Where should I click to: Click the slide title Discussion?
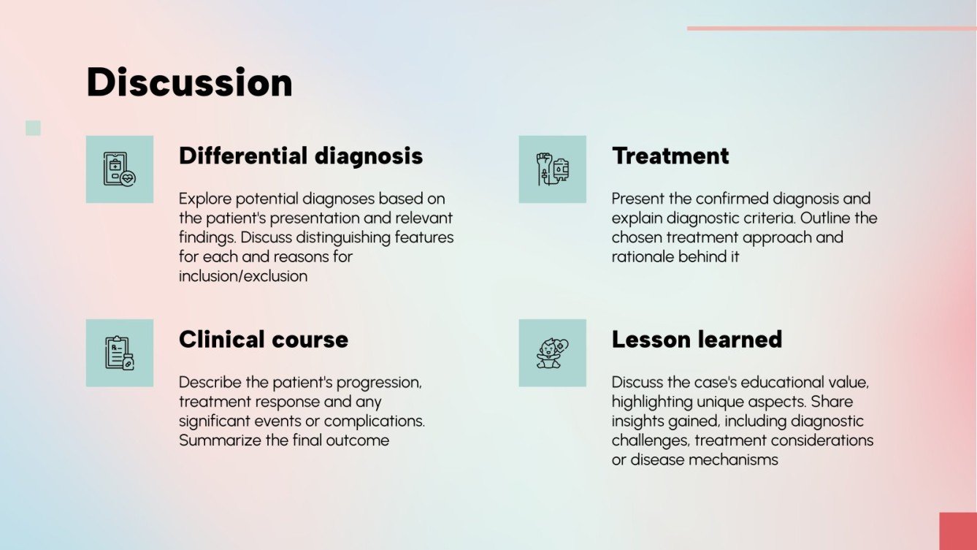coord(189,83)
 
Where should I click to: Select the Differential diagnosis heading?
coord(300,156)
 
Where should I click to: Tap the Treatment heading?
coord(670,156)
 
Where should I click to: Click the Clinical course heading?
coord(263,340)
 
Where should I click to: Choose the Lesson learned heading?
coord(697,340)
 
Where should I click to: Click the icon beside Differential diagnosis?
coord(120,169)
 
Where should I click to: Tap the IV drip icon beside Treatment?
coord(552,169)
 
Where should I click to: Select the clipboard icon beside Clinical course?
coord(120,353)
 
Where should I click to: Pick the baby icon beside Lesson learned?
coord(552,353)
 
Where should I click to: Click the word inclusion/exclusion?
coord(242,276)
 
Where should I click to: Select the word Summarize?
coord(217,440)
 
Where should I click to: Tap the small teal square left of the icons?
coord(33,129)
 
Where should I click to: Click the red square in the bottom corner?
coord(957,531)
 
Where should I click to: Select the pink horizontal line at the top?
coord(831,28)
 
